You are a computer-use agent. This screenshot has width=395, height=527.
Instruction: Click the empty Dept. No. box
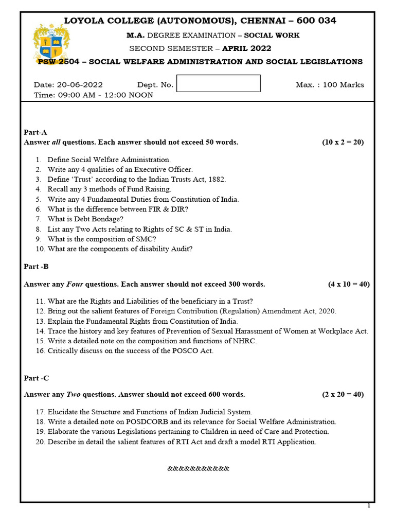tap(218, 83)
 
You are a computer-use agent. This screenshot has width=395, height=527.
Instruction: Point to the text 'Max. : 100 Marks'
tap(330, 85)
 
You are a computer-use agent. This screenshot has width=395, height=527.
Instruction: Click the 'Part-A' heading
tap(35, 132)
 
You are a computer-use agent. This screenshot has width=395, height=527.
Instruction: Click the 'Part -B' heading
tap(37, 267)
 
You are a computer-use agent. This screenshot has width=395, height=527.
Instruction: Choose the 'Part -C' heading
tap(37, 378)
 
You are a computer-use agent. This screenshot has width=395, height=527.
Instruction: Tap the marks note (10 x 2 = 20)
tap(343, 143)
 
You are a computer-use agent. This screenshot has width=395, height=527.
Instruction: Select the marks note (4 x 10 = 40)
tap(349, 284)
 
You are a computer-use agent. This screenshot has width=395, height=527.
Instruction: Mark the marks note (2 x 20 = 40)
tap(343, 395)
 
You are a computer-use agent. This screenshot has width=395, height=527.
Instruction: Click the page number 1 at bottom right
tap(368, 506)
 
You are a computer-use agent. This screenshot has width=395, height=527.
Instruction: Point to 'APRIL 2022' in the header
tap(247, 48)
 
